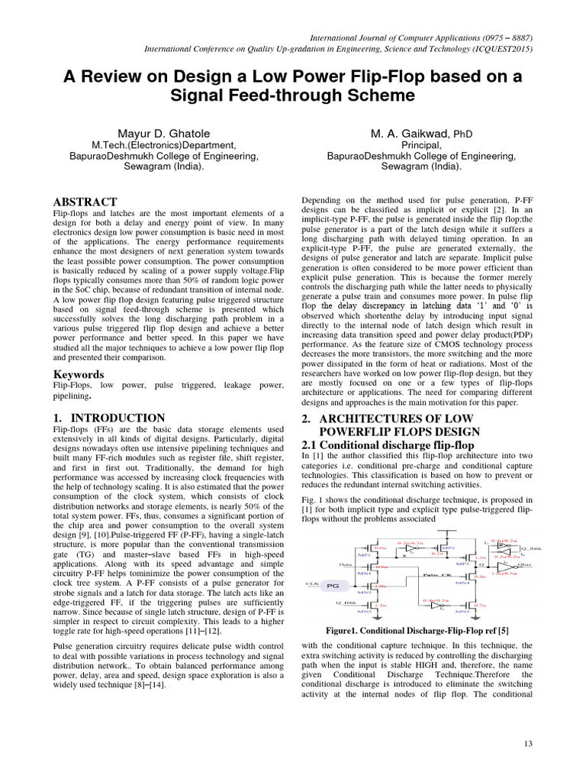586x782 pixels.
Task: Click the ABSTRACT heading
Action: coord(85,202)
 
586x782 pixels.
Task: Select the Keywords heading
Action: coord(79,374)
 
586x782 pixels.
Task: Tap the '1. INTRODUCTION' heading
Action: coord(109,418)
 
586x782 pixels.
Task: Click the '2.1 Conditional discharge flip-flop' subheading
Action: coord(388,445)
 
